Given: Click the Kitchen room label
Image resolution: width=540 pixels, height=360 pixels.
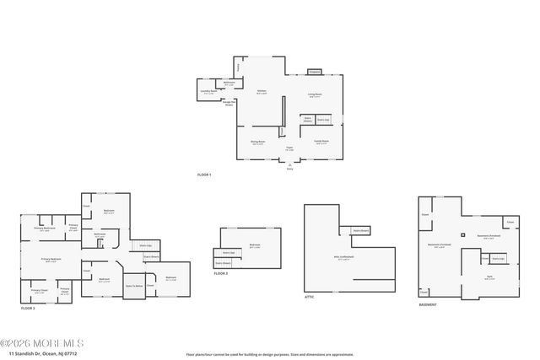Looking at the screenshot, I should click(262, 92).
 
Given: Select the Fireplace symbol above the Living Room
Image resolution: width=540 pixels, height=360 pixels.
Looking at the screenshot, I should click(314, 72).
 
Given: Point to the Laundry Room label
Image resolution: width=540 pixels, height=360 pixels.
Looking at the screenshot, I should click(208, 92).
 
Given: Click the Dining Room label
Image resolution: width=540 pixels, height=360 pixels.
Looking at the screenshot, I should click(257, 142).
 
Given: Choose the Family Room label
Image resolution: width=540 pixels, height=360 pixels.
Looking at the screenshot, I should click(321, 142).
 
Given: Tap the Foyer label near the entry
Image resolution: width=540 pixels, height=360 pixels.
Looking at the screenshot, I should click(289, 149).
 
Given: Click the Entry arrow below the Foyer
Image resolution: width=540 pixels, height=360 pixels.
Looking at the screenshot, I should click(289, 165).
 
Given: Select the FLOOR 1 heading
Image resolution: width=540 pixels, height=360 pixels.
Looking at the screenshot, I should click(204, 175).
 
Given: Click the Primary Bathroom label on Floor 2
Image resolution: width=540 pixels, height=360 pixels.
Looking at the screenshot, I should click(45, 228).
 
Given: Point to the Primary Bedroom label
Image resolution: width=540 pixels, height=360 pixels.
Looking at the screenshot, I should click(51, 260).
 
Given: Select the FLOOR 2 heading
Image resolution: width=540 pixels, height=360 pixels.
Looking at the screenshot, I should click(29, 309).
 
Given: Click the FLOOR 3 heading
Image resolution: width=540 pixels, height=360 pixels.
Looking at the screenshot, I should click(220, 274).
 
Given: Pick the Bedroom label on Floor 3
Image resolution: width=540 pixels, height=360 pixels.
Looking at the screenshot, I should click(254, 246).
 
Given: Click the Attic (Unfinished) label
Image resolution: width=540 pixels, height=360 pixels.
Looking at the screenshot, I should click(343, 258).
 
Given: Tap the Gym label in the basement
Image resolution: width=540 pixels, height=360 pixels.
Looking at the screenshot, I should click(490, 277).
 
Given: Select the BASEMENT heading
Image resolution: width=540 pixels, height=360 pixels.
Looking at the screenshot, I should click(428, 304).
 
